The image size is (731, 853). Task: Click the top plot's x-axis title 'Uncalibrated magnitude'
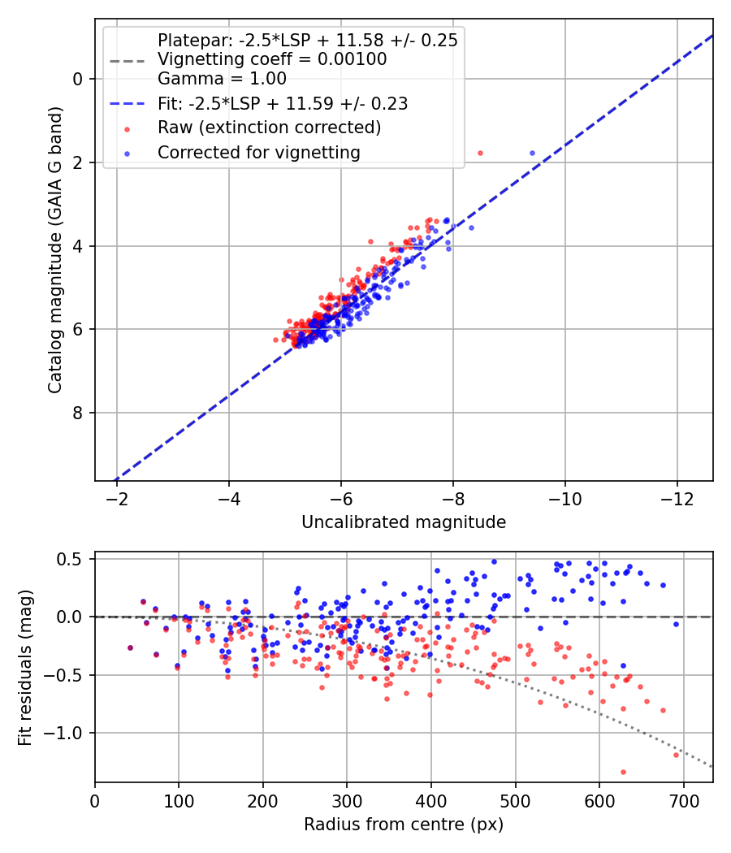pos(404,522)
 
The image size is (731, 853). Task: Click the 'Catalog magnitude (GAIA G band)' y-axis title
pos(55,250)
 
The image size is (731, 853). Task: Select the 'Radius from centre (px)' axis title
pos(404,825)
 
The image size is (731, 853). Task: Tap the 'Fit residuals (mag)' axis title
pos(25,668)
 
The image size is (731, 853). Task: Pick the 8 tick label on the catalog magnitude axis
pos(78,413)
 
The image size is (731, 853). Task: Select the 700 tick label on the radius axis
pos(683,801)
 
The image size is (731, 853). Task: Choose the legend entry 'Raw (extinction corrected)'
pos(269,128)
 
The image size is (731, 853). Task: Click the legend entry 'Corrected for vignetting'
pos(259,153)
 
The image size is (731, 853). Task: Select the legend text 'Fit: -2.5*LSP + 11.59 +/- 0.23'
pos(283,103)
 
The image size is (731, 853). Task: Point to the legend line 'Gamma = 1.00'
pos(222,79)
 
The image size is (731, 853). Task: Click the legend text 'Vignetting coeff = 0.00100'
pos(272,59)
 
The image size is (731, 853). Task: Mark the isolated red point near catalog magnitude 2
pos(480,154)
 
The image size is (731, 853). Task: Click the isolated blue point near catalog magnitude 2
pos(533,154)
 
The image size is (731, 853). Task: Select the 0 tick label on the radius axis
pos(95,801)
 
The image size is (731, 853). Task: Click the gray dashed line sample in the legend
pos(128,61)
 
